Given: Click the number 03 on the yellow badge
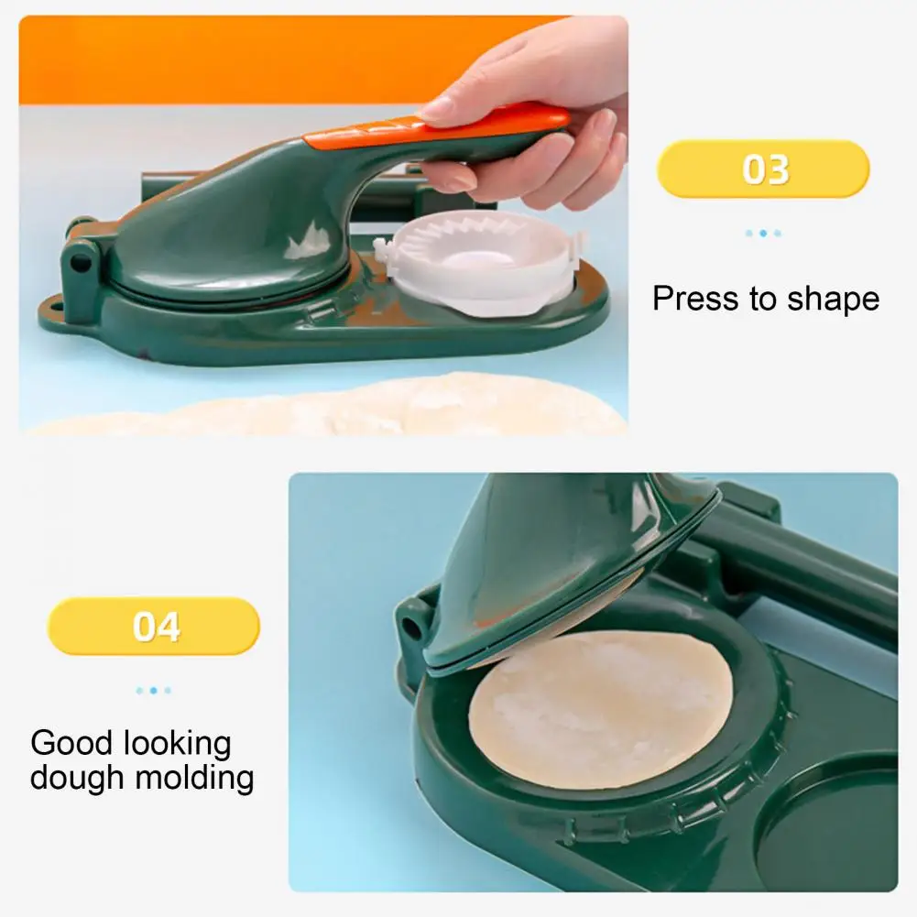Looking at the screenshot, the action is pyautogui.click(x=765, y=169).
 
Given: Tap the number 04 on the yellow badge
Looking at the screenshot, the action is pyautogui.click(x=156, y=627).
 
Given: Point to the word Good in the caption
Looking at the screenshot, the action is pyautogui.click(x=71, y=743).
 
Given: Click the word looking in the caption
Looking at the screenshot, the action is pyautogui.click(x=177, y=745).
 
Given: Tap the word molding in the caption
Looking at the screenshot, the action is pyautogui.click(x=194, y=779).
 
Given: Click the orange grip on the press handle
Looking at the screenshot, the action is pyautogui.click(x=436, y=127).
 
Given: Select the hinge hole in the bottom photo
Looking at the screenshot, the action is pyautogui.click(x=412, y=628).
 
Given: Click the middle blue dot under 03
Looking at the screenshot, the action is pyautogui.click(x=763, y=234).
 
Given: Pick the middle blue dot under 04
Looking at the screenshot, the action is pyautogui.click(x=153, y=691).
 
